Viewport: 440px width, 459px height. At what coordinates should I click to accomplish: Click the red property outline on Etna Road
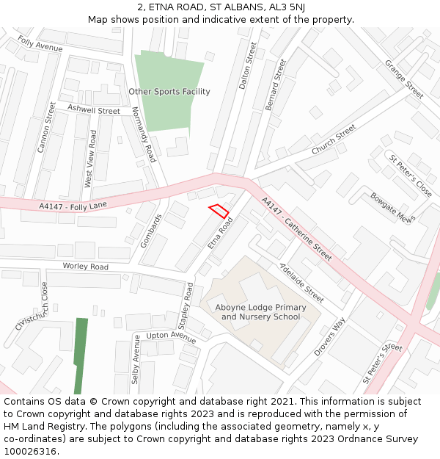pyautogui.click(x=219, y=211)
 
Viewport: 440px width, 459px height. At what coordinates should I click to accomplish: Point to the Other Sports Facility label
pyautogui.click(x=169, y=92)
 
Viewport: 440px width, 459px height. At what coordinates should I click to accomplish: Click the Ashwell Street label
pyautogui.click(x=93, y=110)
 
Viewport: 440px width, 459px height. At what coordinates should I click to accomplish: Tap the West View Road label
pyautogui.click(x=91, y=159)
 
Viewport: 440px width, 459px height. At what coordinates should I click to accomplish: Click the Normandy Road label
pyautogui.click(x=144, y=134)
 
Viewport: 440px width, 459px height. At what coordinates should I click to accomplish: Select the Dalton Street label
pyautogui.click(x=249, y=66)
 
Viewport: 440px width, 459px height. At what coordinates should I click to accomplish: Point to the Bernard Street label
pyautogui.click(x=276, y=85)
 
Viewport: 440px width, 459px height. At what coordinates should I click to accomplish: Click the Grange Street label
pyautogui.click(x=404, y=80)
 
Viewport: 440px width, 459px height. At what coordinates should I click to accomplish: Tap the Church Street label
pyautogui.click(x=334, y=139)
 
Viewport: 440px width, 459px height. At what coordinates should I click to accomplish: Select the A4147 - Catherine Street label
pyautogui.click(x=297, y=229)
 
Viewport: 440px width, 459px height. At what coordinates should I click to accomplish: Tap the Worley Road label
pyautogui.click(x=85, y=266)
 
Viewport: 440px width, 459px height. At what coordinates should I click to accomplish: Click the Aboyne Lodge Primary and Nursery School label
pyautogui.click(x=261, y=312)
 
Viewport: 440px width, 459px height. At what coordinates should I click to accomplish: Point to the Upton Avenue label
pyautogui.click(x=171, y=337)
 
